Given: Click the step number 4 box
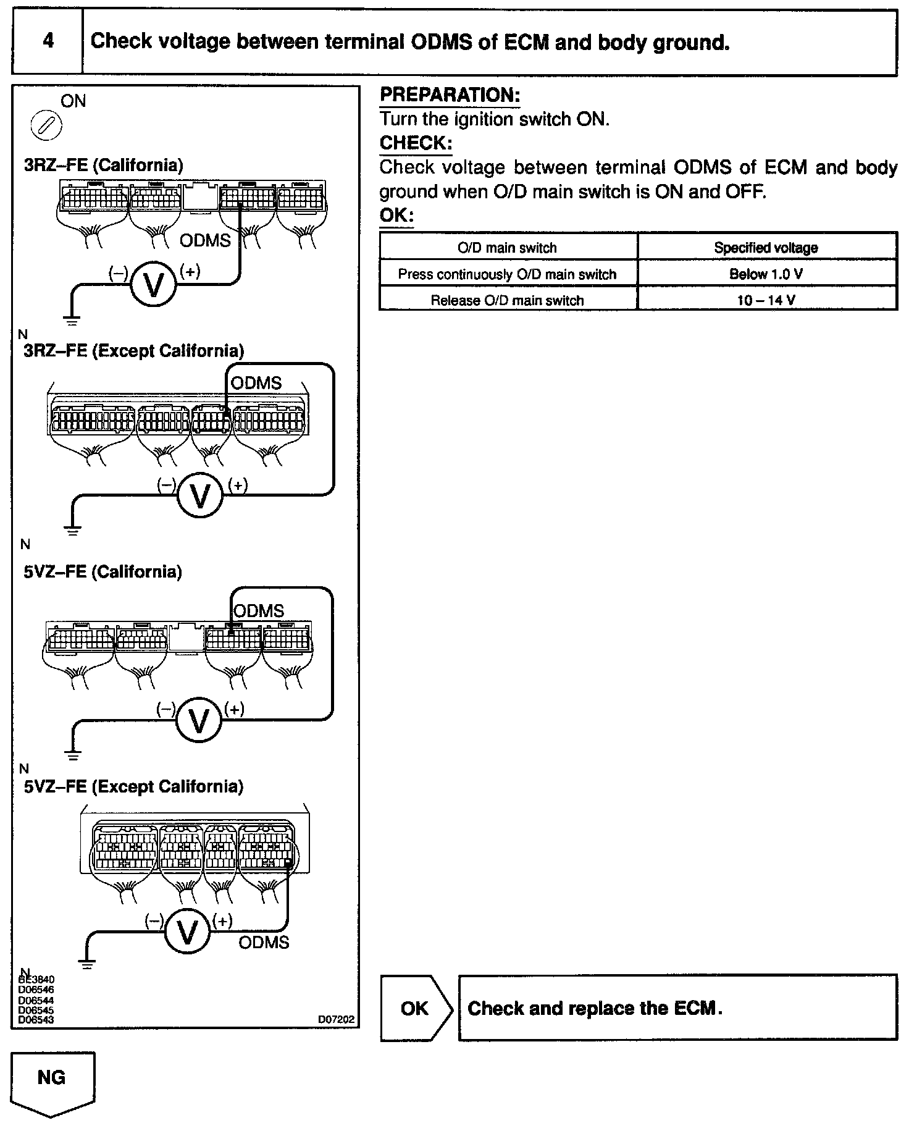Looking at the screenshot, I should pyautogui.click(x=48, y=42).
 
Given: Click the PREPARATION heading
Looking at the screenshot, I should pyautogui.click(x=450, y=95).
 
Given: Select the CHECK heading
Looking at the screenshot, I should pyautogui.click(x=416, y=143).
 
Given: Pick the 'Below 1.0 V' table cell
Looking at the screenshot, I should pyautogui.click(x=766, y=274).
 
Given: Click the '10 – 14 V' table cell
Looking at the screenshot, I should pyautogui.click(x=766, y=300).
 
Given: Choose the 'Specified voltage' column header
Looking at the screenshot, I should pyautogui.click(x=766, y=248).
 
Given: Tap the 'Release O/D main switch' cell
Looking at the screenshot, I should pyautogui.click(x=507, y=300).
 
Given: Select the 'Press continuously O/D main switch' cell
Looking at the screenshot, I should pyautogui.click(x=507, y=274).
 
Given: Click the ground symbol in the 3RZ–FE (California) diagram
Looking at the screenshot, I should pyautogui.click(x=72, y=320).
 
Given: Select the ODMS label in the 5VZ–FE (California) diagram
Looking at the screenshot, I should pyautogui.click(x=259, y=611).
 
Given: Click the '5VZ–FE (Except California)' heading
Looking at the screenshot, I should pyautogui.click(x=133, y=786).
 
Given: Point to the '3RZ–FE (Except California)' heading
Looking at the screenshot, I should pyautogui.click(x=133, y=351).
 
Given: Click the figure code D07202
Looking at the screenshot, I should pyautogui.click(x=337, y=1019).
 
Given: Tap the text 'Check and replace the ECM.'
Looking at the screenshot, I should pyautogui.click(x=595, y=1009).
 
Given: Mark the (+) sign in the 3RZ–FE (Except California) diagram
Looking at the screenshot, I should pyautogui.click(x=238, y=486).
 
